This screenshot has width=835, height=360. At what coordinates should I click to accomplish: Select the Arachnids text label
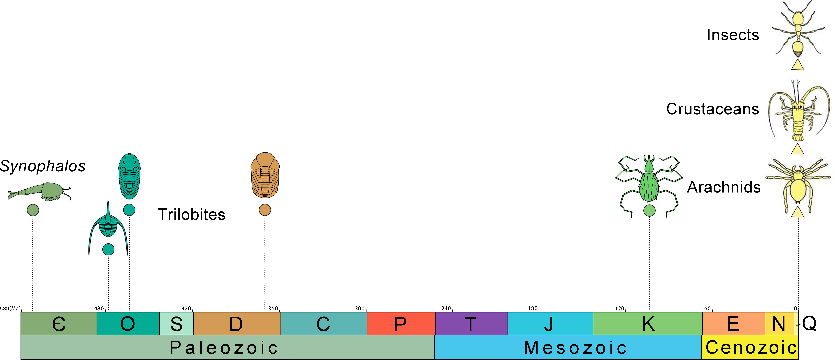pos(724,187)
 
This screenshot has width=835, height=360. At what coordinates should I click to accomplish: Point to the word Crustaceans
pos(712,109)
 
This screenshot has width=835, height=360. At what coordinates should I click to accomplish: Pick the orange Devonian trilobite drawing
pos(265,175)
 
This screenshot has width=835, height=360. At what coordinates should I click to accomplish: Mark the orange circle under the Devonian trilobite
pos(265,210)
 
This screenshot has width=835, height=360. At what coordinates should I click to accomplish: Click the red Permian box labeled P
pos(401,323)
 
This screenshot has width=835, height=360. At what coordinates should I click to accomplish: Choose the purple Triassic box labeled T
pos(471,323)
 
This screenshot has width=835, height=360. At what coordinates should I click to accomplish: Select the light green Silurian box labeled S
pos(176,323)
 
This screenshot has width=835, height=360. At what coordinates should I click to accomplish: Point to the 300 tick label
pos(360,308)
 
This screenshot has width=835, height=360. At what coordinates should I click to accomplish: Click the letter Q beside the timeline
pos(809,323)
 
